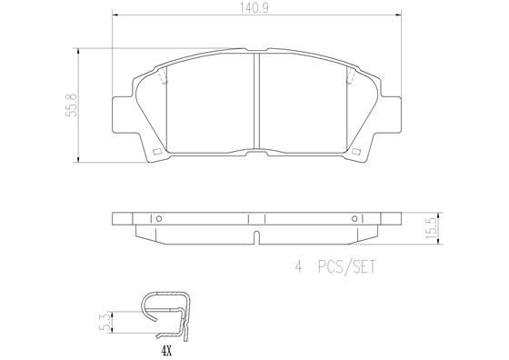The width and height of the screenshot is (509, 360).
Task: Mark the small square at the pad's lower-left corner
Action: tap(156, 150)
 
